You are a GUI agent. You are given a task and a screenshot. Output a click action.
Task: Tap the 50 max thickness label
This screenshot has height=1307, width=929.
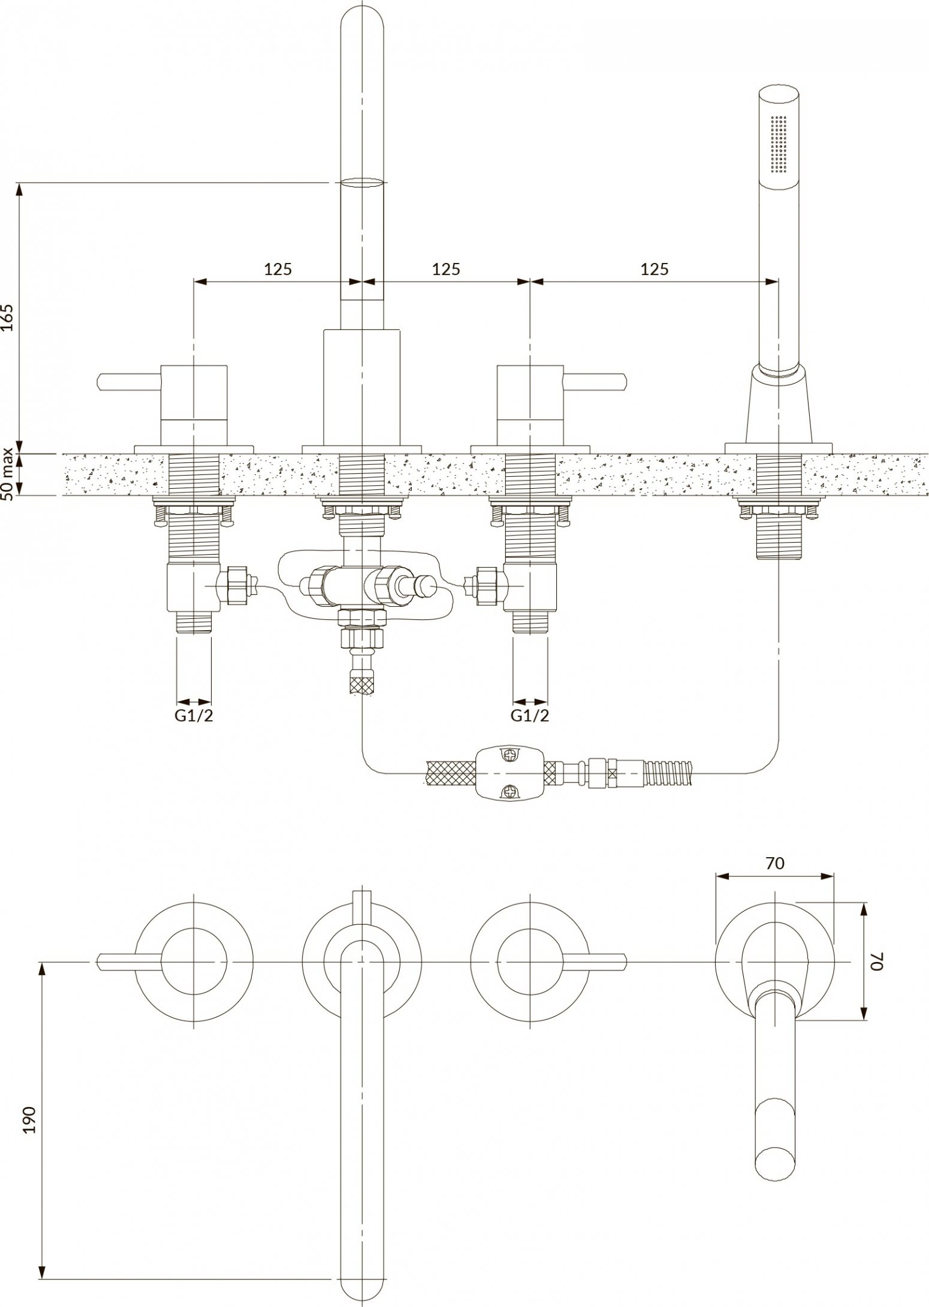point(8,475)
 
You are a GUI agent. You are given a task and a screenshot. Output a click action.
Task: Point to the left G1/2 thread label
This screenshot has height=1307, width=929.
point(194,715)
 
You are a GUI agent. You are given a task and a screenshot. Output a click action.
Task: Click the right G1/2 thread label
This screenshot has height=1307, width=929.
point(530,715)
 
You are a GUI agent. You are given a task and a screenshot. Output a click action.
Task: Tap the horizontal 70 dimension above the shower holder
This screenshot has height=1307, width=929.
point(774,863)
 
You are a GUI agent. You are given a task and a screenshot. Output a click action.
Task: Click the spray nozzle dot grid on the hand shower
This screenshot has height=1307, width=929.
point(779,144)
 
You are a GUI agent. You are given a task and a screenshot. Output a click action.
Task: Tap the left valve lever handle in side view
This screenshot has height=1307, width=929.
point(129,382)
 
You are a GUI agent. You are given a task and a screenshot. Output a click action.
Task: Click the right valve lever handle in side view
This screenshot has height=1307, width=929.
point(595,382)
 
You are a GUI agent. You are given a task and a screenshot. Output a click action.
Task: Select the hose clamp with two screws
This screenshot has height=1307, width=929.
point(509,773)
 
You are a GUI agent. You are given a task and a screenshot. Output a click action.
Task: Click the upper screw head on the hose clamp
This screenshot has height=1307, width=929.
point(509,756)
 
